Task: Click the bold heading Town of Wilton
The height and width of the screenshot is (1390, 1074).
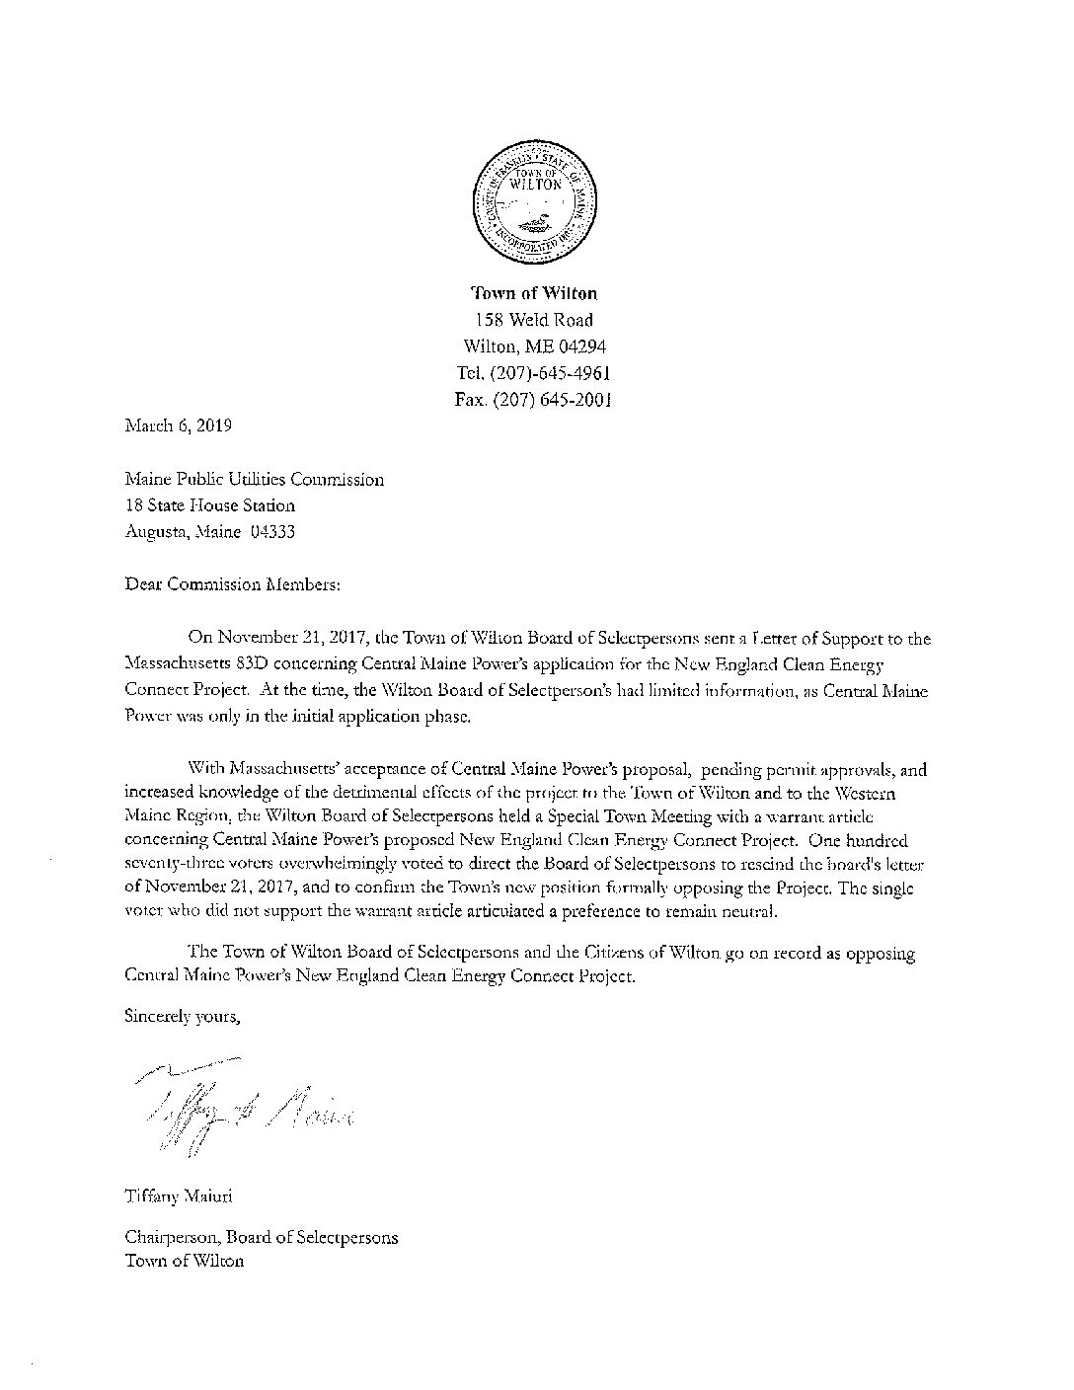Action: (x=534, y=293)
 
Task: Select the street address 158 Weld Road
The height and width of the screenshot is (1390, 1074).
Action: (x=534, y=320)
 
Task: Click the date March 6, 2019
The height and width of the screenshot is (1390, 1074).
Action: (x=179, y=426)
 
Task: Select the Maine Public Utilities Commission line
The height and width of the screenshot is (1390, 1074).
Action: (x=255, y=480)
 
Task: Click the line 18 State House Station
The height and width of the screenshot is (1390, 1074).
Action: (x=210, y=505)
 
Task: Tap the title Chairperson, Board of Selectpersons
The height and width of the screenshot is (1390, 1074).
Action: (x=262, y=1236)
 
